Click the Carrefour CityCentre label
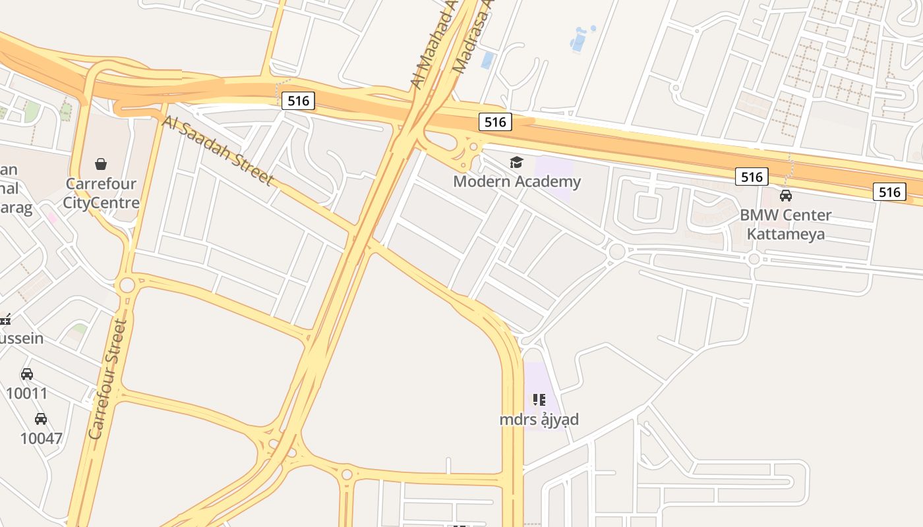tap(101, 193)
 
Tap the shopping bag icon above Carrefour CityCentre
tap(101, 163)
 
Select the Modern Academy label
tap(517, 181)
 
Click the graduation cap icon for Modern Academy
tap(516, 162)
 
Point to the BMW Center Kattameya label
tap(785, 224)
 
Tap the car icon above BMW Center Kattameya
tap(785, 196)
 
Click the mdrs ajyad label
tap(539, 420)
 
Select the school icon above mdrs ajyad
tap(539, 399)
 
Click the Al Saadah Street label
tap(217, 150)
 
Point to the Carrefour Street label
tap(107, 379)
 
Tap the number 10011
tap(26, 394)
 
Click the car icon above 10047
tap(41, 419)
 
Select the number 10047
tap(41, 438)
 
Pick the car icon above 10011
tap(26, 374)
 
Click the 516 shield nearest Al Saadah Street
tap(298, 101)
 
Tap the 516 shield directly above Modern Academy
tap(494, 122)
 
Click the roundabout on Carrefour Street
tap(127, 286)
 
